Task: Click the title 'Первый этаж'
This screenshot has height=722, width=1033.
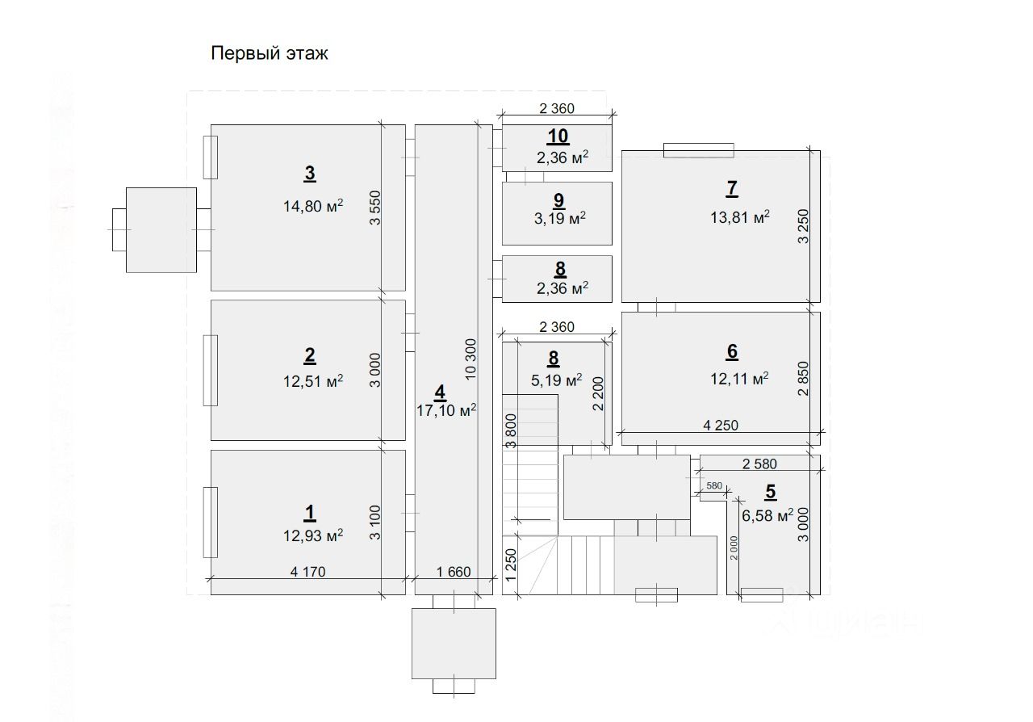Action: tap(270, 54)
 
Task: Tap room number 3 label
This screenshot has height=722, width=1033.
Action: tap(310, 173)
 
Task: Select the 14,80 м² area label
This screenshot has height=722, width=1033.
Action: tap(313, 206)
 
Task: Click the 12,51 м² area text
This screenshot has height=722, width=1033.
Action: tap(313, 381)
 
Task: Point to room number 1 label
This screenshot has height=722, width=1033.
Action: tap(310, 512)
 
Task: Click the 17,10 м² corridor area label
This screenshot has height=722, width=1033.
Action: tap(446, 410)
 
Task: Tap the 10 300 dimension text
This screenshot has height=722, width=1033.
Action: tap(471, 359)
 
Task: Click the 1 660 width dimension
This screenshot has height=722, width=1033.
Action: tap(452, 572)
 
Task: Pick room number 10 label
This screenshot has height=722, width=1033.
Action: tap(558, 136)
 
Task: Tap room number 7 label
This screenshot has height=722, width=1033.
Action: tap(731, 188)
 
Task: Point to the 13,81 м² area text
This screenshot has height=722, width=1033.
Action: tap(739, 216)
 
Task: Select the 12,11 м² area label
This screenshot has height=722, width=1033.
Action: tap(738, 378)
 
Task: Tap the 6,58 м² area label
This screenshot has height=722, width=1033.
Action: tap(767, 516)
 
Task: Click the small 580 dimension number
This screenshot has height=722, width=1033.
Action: tap(713, 485)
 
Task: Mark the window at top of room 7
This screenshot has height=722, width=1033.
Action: tap(699, 150)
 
